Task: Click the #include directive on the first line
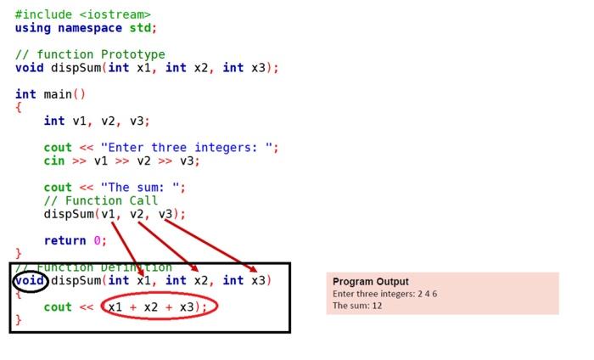(42, 14)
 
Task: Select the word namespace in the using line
(90, 28)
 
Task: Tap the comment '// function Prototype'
(90, 54)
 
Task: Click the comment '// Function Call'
(101, 200)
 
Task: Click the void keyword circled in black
(30, 280)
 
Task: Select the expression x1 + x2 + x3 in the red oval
(159, 307)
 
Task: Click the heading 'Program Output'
(370, 281)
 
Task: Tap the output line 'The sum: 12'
(357, 306)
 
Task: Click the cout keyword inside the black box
(58, 307)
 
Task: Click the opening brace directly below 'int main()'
(18, 108)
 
